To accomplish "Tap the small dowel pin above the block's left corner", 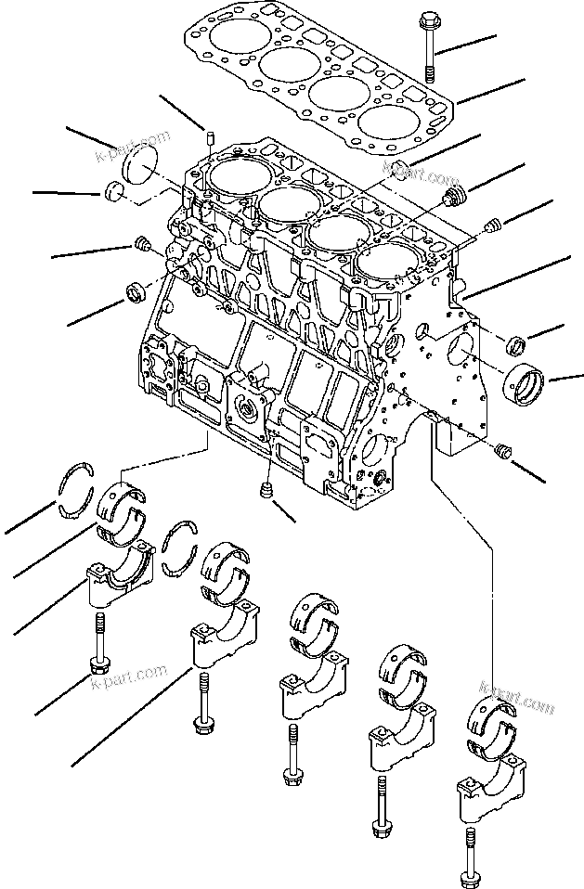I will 210,141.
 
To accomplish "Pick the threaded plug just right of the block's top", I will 454,196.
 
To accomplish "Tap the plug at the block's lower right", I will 505,451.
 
